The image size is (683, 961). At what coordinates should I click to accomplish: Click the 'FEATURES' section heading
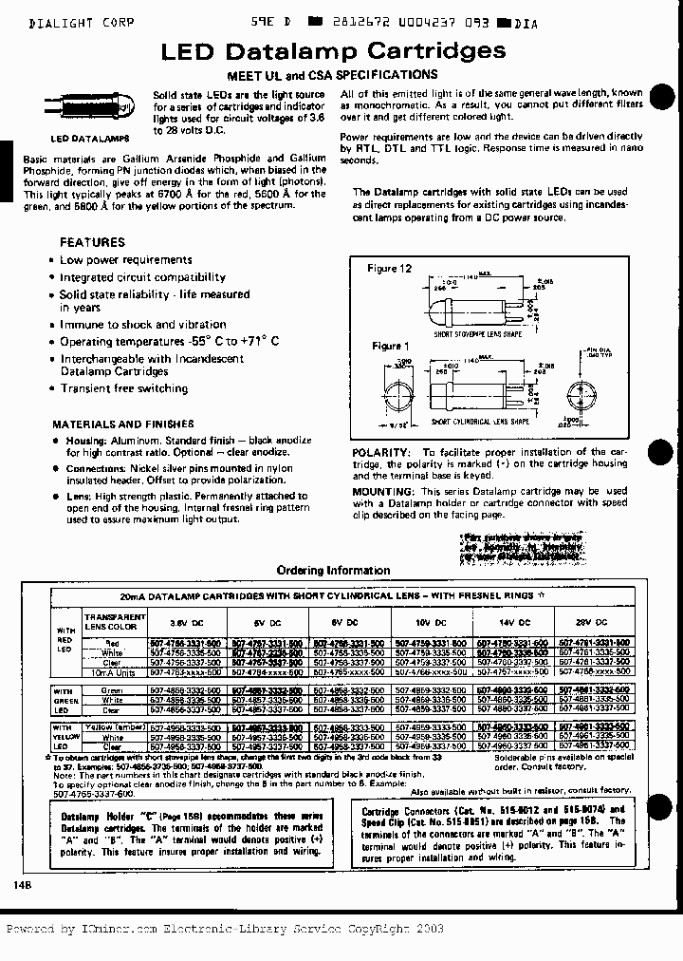point(92,242)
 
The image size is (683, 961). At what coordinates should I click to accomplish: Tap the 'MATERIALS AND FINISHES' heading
point(122,424)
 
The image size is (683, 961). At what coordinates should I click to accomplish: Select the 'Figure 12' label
point(390,269)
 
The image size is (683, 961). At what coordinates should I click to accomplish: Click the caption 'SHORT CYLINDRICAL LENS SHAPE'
point(480,421)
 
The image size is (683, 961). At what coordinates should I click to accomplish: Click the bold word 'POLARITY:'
point(381,453)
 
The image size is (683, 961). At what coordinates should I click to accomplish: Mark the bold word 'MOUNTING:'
point(383,491)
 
